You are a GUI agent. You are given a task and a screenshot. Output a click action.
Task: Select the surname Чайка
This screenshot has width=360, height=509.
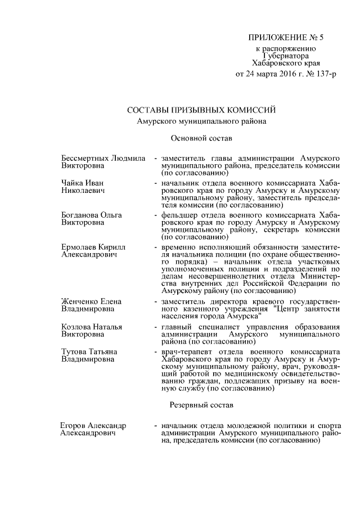pos(72,183)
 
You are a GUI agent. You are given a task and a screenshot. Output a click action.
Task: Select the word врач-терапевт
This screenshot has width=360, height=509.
pos(185,352)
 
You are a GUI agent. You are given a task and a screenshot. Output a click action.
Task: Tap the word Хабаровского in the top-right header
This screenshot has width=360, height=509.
pos(275,64)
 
